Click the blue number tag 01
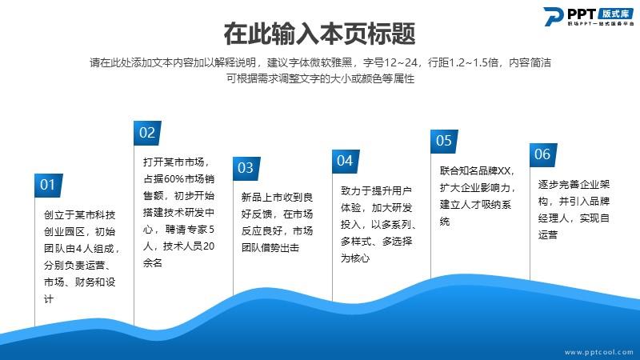click(x=49, y=186)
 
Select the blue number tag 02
click(x=147, y=133)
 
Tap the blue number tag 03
click(x=246, y=168)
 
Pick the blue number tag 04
click(x=346, y=162)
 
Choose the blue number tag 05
click(x=444, y=142)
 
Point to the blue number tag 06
click(x=543, y=154)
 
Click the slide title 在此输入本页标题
click(x=319, y=34)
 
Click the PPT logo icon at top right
click(x=553, y=17)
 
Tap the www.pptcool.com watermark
click(x=598, y=352)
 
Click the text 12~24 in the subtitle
click(x=401, y=62)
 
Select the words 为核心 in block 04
click(x=355, y=258)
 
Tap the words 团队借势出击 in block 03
click(x=270, y=247)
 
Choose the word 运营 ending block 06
click(x=548, y=234)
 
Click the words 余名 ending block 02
click(x=153, y=263)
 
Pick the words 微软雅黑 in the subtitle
click(x=331, y=62)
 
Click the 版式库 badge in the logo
click(x=616, y=14)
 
